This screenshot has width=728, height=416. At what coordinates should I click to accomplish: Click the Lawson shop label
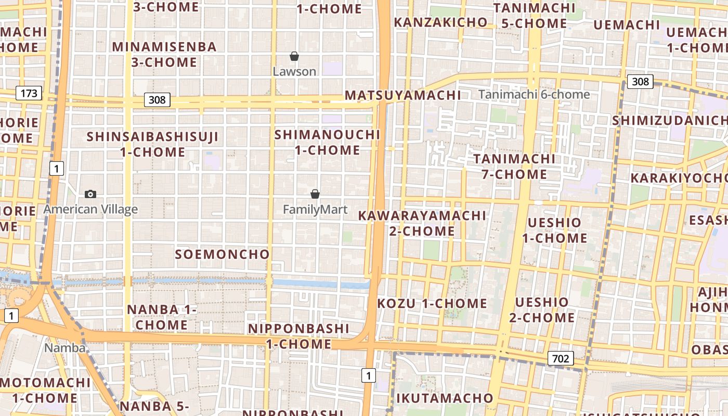(x=294, y=71)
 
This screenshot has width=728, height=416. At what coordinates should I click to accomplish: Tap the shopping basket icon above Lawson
(x=294, y=56)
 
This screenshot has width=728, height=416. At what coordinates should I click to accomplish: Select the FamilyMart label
(x=315, y=210)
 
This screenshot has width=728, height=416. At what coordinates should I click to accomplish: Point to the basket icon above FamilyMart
(x=315, y=194)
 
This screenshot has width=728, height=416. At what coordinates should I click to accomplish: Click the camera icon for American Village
(x=90, y=194)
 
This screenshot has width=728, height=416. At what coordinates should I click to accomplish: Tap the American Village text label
(x=90, y=210)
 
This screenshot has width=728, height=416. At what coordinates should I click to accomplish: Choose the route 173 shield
(x=29, y=94)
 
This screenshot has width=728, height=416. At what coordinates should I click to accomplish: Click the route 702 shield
(x=560, y=358)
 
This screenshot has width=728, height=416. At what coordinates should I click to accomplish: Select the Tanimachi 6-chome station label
(x=534, y=95)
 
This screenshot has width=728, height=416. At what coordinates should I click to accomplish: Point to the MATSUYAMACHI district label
(x=403, y=95)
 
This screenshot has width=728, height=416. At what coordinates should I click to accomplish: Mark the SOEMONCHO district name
(x=222, y=254)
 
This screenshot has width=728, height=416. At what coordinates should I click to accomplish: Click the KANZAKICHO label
(x=440, y=22)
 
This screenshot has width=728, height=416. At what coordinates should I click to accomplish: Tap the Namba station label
(x=65, y=348)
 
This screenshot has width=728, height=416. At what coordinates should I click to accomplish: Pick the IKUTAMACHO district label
(x=445, y=398)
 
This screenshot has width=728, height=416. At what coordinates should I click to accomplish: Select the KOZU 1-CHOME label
(x=432, y=303)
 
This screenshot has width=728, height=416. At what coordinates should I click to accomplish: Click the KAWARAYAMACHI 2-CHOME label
(x=422, y=223)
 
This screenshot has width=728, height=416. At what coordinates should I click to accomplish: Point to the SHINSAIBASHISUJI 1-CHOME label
(x=152, y=145)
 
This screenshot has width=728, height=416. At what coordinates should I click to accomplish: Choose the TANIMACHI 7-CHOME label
(x=514, y=166)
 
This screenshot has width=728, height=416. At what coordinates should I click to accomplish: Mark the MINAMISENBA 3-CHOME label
(x=164, y=55)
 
